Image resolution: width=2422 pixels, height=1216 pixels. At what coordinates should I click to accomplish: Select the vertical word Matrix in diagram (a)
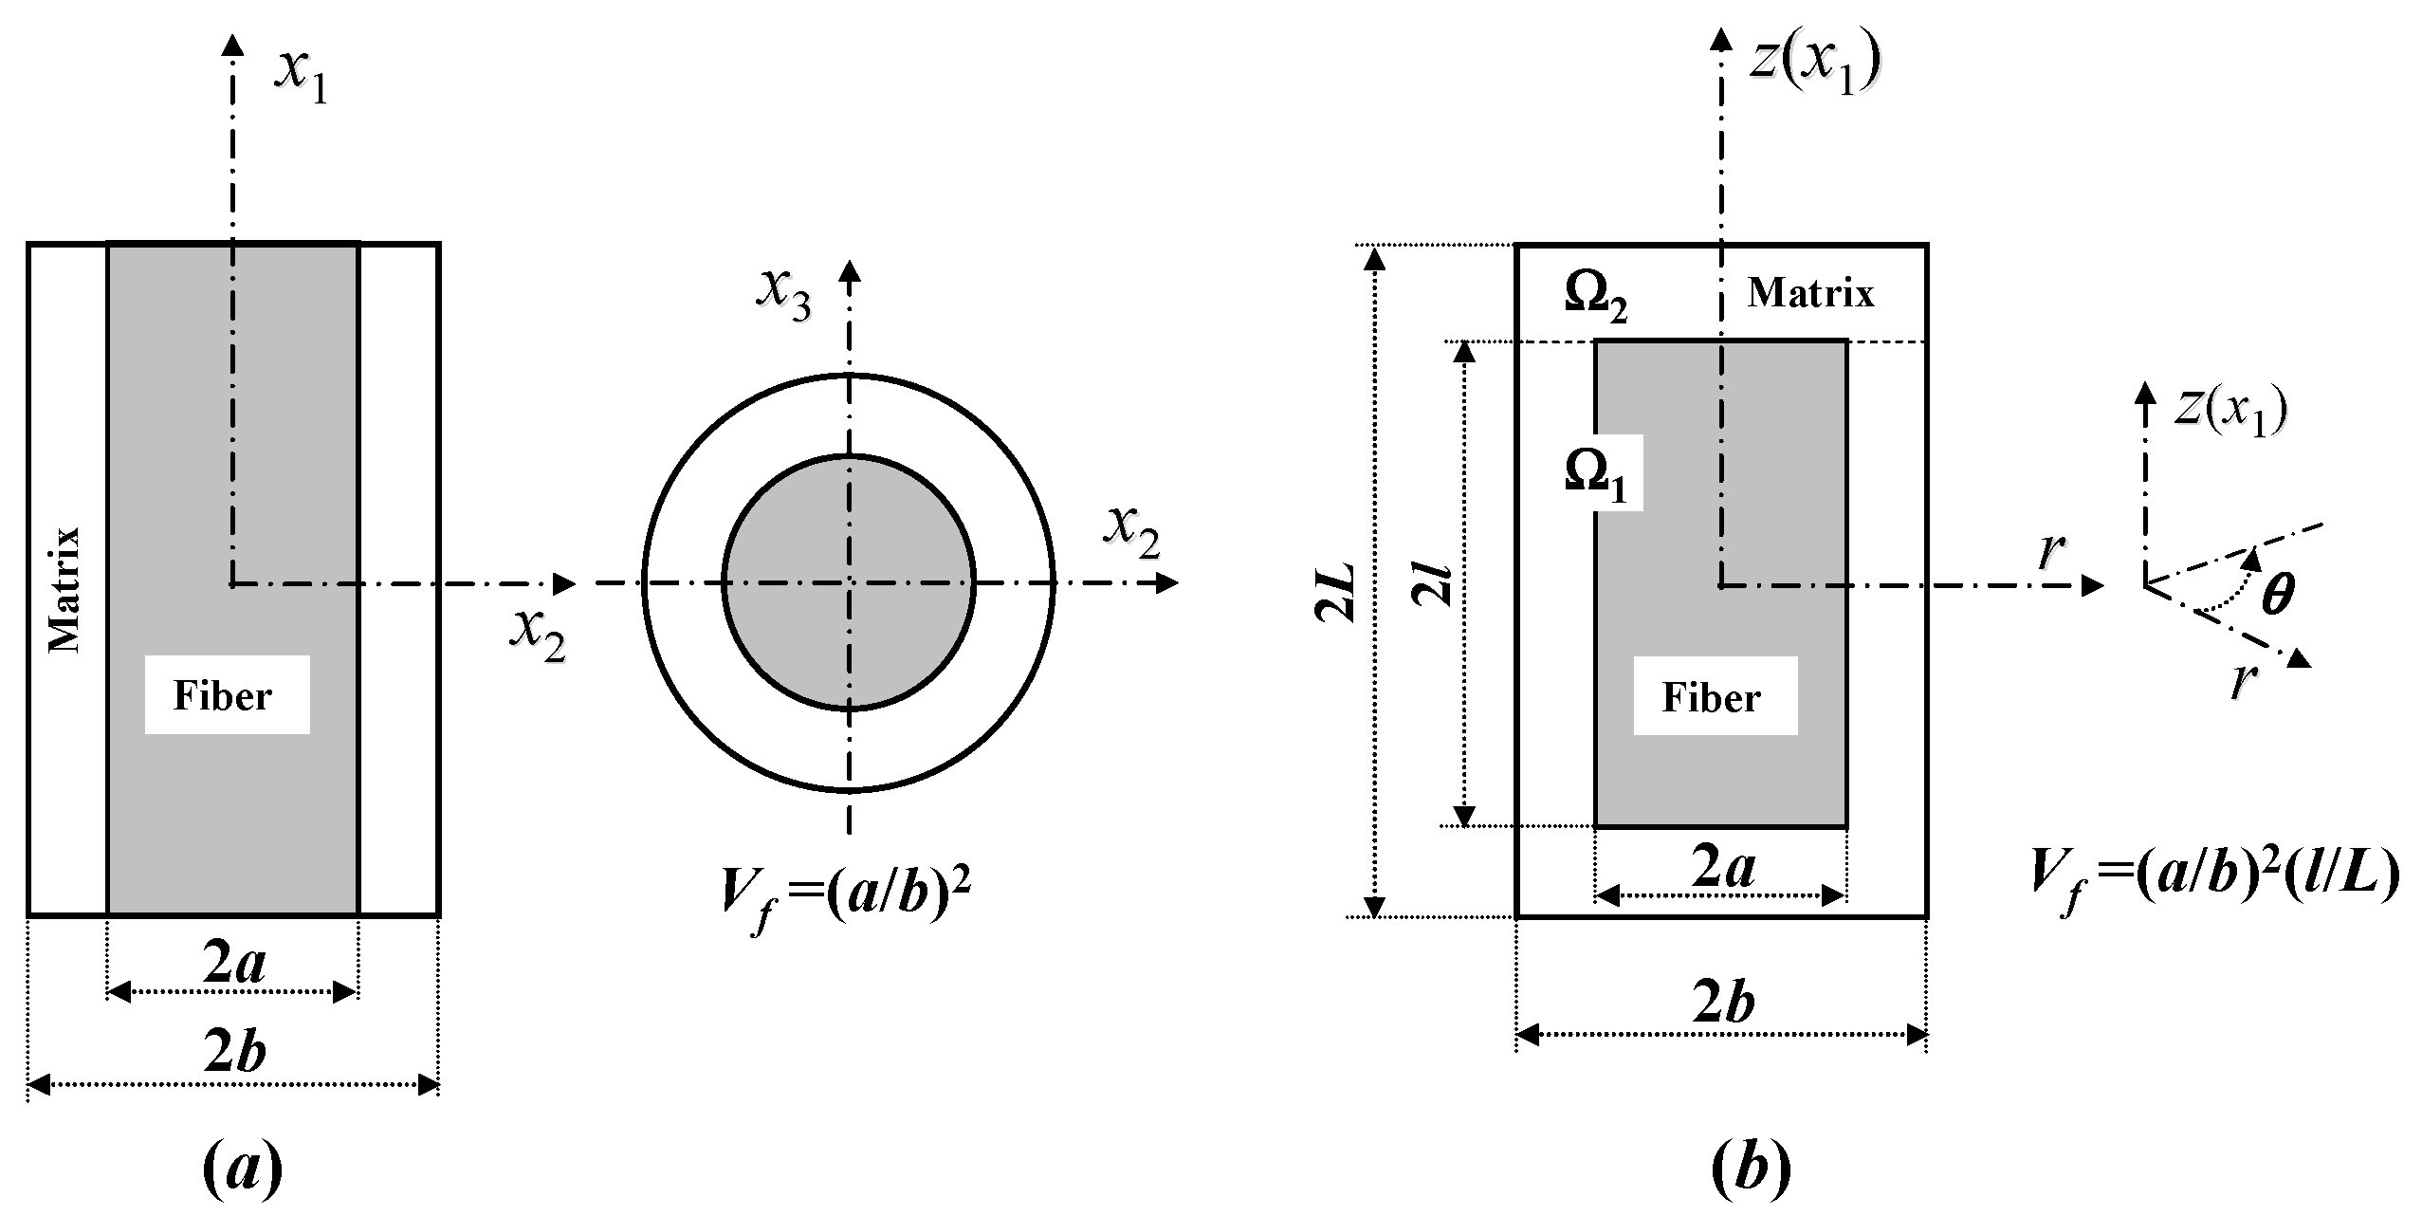(x=65, y=589)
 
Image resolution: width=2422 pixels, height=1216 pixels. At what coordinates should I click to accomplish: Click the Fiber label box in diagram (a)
(x=227, y=695)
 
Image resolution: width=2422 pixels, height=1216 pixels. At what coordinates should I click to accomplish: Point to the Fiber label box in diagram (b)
(x=1715, y=697)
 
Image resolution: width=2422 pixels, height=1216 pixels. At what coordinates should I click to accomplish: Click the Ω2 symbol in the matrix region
(x=1595, y=300)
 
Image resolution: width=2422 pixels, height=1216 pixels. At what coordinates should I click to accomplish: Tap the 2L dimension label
(x=1335, y=593)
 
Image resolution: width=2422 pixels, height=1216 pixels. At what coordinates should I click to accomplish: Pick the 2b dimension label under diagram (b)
(x=1723, y=1003)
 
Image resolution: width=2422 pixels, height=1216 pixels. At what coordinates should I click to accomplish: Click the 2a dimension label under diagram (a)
(x=233, y=964)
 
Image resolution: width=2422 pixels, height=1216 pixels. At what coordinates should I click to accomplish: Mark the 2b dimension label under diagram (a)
(x=234, y=1053)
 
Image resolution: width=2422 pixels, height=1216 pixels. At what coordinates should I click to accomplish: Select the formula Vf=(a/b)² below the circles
(x=846, y=896)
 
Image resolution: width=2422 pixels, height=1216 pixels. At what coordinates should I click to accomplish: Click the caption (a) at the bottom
(x=242, y=1169)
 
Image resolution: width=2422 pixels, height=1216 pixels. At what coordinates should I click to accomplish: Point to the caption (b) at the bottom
(x=1751, y=1169)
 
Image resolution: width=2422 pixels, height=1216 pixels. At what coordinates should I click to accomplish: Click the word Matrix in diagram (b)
(x=1810, y=293)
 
